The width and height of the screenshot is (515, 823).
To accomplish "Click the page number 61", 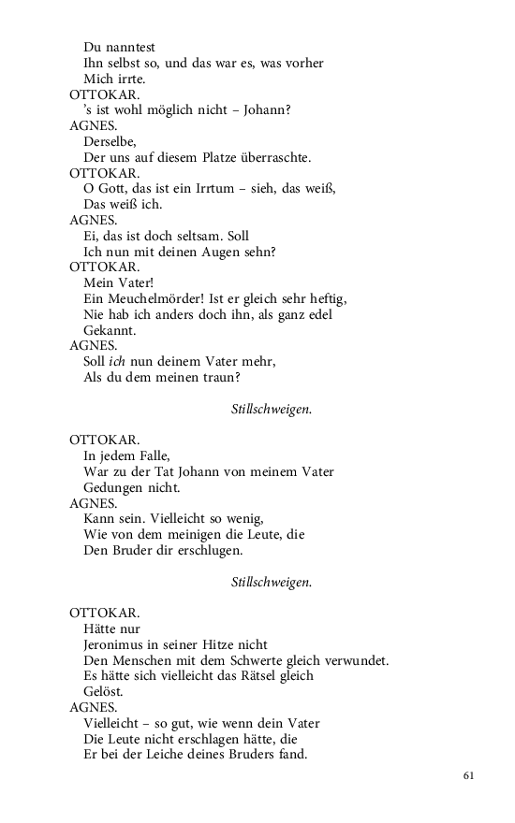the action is click(x=469, y=775).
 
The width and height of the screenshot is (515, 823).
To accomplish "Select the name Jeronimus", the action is click(x=120, y=644).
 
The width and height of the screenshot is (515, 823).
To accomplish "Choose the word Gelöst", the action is click(x=103, y=692).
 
